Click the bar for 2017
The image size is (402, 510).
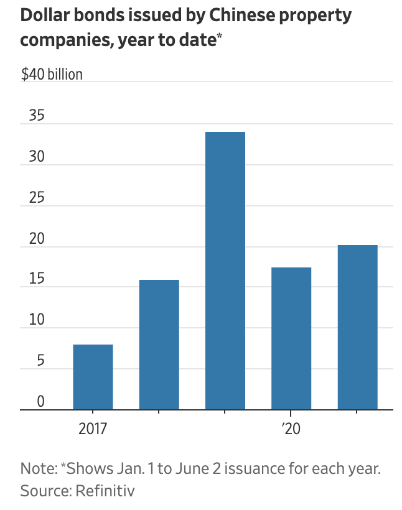[93, 377]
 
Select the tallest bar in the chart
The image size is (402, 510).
[225, 271]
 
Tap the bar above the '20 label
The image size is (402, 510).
[291, 338]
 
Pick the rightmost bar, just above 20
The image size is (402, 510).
[357, 327]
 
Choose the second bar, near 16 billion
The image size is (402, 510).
[159, 345]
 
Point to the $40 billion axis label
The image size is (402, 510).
[52, 75]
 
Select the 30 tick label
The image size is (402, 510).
[36, 157]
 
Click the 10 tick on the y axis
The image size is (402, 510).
[36, 320]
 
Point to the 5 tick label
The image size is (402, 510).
[40, 361]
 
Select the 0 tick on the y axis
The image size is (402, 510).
[40, 402]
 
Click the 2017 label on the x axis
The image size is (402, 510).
[93, 429]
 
